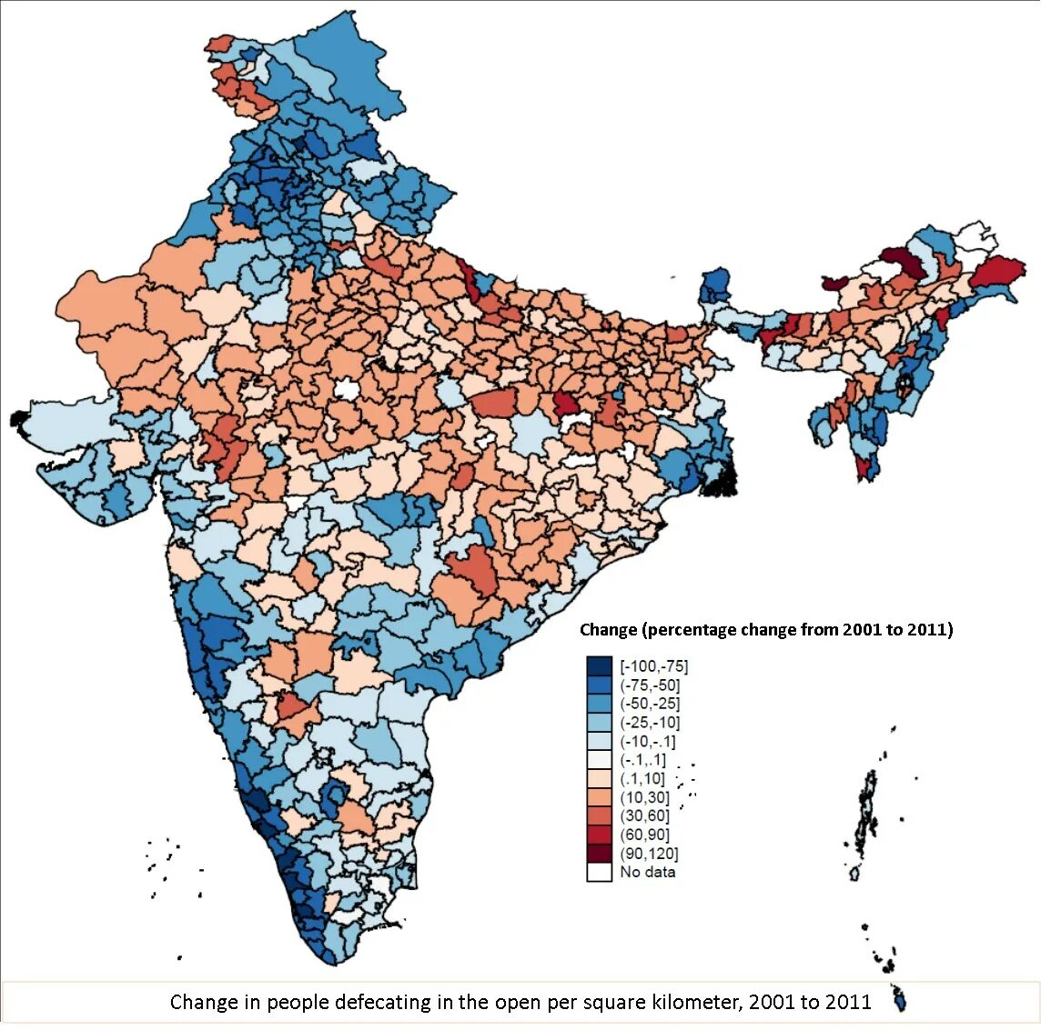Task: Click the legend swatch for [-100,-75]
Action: [x=599, y=666]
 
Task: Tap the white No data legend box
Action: [x=599, y=872]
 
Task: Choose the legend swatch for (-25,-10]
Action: [x=599, y=723]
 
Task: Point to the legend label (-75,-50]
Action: [x=650, y=685]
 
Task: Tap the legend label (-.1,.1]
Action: [x=642, y=760]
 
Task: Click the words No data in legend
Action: [x=648, y=872]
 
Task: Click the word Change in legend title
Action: [x=608, y=630]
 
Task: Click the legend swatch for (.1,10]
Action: [x=599, y=779]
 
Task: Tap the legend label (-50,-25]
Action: [x=650, y=704]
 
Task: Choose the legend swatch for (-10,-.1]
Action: [x=599, y=742]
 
